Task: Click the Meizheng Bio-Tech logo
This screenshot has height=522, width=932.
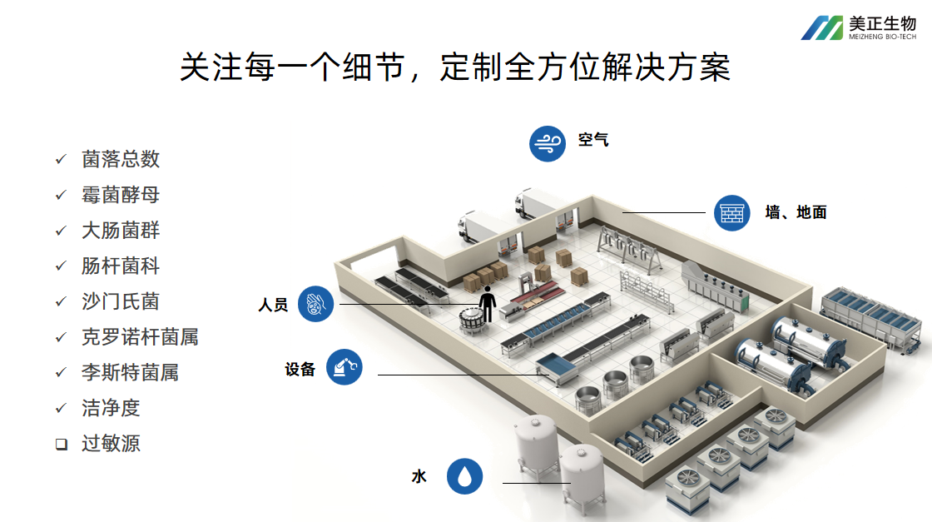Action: tap(858, 27)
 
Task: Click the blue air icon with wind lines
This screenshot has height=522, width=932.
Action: tap(548, 143)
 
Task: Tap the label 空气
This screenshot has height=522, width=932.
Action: tap(593, 140)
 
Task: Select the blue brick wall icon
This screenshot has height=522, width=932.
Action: tap(732, 212)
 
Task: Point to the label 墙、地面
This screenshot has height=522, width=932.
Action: tap(796, 212)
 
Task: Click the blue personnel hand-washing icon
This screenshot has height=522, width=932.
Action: tap(315, 304)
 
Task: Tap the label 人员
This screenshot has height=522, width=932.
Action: tap(273, 306)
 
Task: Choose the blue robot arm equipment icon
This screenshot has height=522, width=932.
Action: tap(345, 367)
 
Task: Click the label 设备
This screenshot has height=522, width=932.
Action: tap(300, 369)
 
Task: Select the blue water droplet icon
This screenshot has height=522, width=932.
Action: tap(464, 476)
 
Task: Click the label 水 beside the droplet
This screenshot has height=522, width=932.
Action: tap(419, 476)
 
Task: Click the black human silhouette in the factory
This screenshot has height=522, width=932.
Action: tap(487, 303)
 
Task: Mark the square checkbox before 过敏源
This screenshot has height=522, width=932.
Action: tap(61, 444)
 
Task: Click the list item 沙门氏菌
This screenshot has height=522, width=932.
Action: tap(120, 301)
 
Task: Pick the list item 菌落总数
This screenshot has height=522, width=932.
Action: tap(121, 159)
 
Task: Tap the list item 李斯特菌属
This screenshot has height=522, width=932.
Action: tap(130, 372)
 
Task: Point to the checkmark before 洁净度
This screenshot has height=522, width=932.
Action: tap(61, 408)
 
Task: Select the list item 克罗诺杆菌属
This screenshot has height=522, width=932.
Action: tap(140, 336)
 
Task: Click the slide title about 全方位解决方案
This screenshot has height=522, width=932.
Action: tap(454, 67)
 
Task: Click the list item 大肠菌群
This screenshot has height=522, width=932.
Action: tap(121, 230)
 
